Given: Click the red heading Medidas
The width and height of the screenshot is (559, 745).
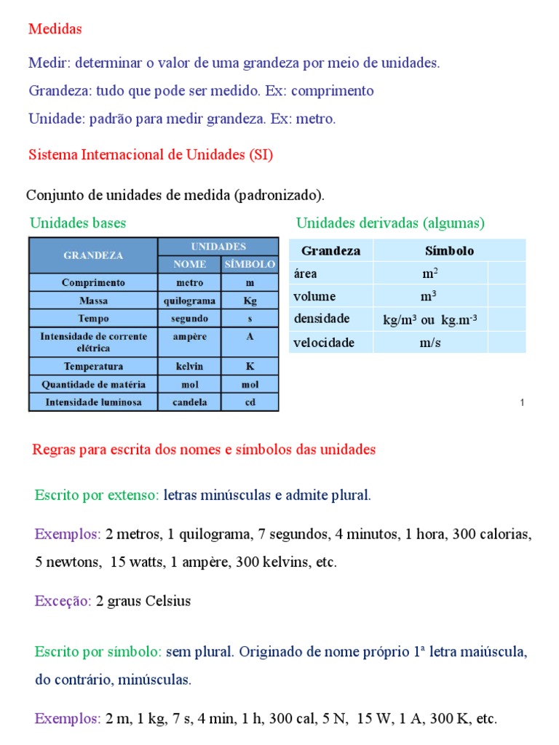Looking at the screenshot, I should [x=55, y=29].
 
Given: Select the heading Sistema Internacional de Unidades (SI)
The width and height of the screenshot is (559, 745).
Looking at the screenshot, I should [x=151, y=155].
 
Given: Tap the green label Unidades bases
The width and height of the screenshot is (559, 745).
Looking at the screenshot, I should [x=78, y=223].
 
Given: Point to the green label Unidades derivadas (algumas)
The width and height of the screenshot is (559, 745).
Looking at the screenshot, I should [x=390, y=223].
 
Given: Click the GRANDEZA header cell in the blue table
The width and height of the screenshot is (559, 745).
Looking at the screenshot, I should [x=93, y=255].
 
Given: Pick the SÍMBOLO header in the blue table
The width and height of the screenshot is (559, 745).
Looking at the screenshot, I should [x=250, y=264].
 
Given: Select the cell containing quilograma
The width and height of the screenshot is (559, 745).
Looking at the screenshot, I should [x=190, y=300].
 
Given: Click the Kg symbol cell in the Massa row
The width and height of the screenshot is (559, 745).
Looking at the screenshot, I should [x=250, y=300].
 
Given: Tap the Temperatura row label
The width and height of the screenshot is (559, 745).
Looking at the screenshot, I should [x=93, y=367].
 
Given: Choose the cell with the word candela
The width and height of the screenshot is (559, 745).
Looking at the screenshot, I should [x=190, y=402].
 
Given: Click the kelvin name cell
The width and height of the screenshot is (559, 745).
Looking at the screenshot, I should [x=190, y=367].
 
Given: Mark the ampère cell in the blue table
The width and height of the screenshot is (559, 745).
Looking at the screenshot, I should [x=190, y=337].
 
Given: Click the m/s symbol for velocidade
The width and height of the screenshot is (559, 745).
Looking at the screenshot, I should [x=430, y=343].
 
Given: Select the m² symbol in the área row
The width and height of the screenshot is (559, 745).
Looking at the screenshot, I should [x=430, y=274].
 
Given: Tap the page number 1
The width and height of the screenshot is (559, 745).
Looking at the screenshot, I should [x=522, y=402].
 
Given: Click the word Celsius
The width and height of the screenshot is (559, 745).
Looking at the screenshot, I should [x=168, y=601].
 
